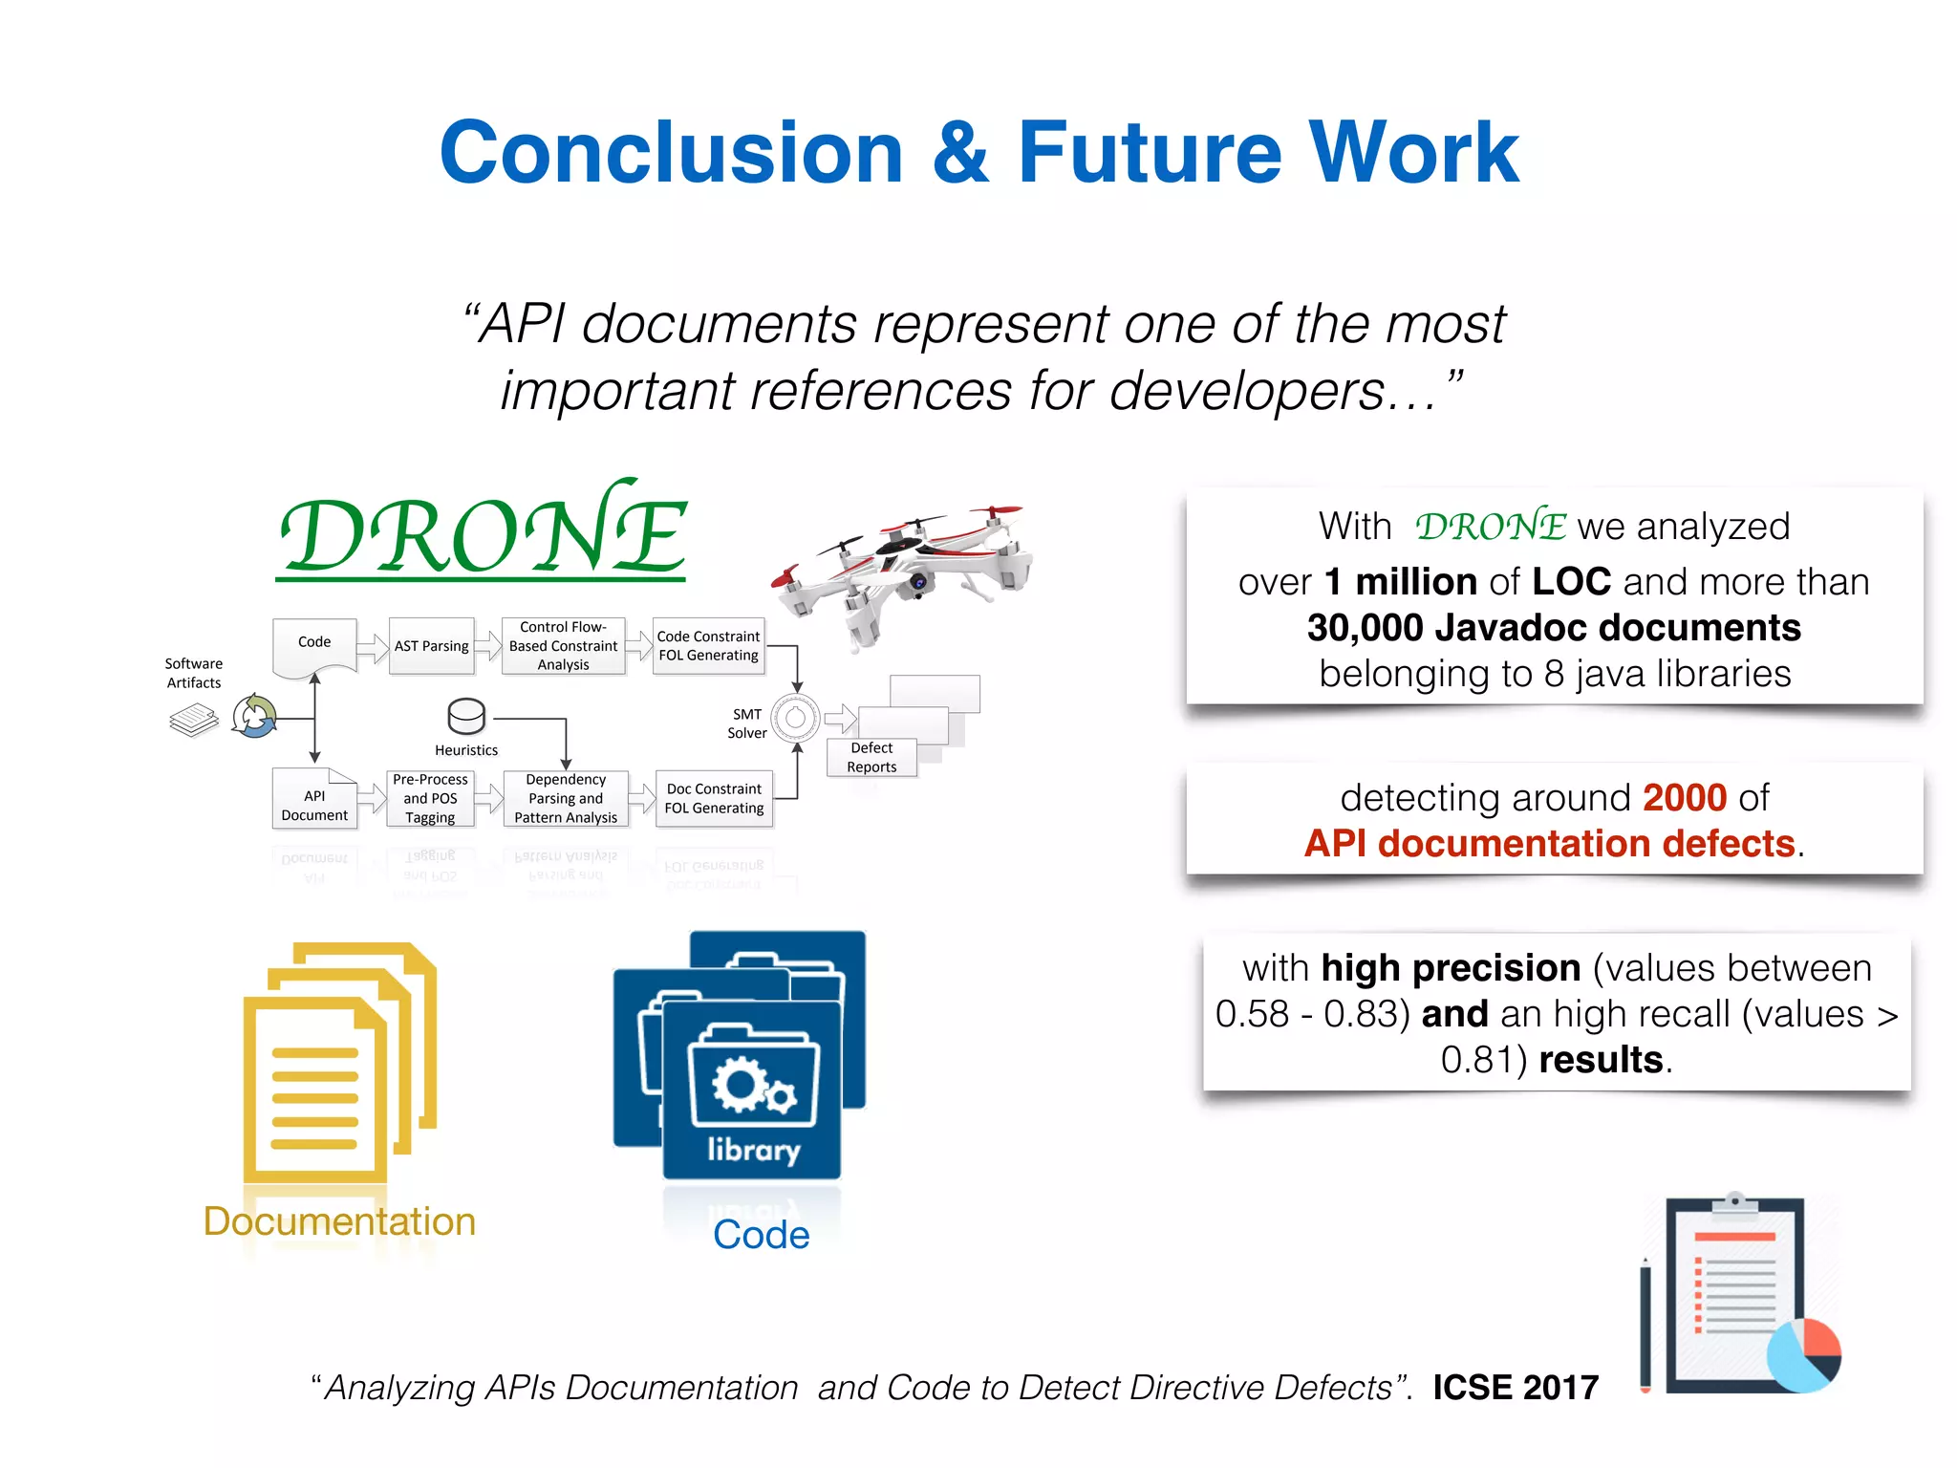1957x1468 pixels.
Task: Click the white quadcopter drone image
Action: [903, 573]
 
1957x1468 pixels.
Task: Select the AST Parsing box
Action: [432, 646]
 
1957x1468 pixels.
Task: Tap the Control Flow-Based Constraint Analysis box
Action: [563, 646]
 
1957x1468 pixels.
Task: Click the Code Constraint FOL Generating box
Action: [708, 646]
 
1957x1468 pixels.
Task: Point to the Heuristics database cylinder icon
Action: [466, 716]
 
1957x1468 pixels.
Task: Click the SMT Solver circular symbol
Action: [795, 719]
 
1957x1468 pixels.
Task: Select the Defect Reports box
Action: [871, 757]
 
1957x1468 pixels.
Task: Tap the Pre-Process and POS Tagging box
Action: [430, 798]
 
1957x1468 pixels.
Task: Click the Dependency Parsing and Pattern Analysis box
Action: [566, 798]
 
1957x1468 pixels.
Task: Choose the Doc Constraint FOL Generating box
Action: [714, 798]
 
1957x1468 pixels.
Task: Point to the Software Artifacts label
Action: [194, 673]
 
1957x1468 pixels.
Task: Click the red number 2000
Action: [1685, 798]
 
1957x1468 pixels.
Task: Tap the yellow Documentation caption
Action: [339, 1221]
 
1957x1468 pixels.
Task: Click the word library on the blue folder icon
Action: [753, 1150]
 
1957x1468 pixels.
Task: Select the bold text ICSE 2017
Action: [1516, 1388]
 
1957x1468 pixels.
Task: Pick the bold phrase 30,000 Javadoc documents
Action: [1554, 628]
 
